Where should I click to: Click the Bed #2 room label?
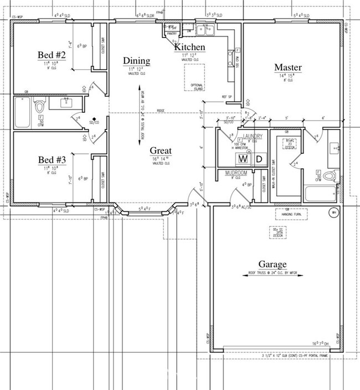[52, 55]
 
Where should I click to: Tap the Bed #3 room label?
[52, 160]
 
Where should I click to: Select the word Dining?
[136, 61]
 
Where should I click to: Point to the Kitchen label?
[190, 48]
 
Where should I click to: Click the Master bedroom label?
[288, 67]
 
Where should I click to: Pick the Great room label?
[161, 150]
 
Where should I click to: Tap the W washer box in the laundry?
[243, 159]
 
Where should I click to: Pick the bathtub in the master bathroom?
[320, 194]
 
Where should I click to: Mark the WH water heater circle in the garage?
[334, 212]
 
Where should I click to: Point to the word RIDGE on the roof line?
[161, 111]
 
